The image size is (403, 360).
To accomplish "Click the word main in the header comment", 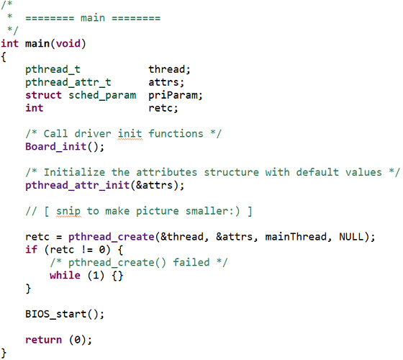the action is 93,18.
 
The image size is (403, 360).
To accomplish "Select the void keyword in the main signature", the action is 68,43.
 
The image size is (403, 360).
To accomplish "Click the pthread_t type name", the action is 53,69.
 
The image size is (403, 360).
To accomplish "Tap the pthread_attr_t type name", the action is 68,82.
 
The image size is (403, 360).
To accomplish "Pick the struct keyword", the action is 43,95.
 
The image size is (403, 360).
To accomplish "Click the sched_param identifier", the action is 102,95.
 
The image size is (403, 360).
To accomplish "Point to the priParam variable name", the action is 173,95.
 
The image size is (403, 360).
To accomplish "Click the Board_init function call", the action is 56,147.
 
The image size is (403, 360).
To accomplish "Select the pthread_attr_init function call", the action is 78,186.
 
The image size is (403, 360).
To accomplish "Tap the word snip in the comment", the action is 68,211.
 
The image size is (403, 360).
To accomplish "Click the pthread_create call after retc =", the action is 112,237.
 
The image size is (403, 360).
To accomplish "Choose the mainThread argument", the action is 296,237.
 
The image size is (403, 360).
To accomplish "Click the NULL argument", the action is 351,237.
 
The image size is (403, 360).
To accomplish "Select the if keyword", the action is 32,249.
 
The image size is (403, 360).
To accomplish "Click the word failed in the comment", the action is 191,262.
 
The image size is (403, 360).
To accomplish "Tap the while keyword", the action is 65,275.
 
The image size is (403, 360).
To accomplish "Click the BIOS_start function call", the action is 56,314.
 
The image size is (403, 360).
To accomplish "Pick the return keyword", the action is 43,340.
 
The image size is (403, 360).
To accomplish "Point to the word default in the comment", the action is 317,172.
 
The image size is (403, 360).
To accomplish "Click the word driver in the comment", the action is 93,134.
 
